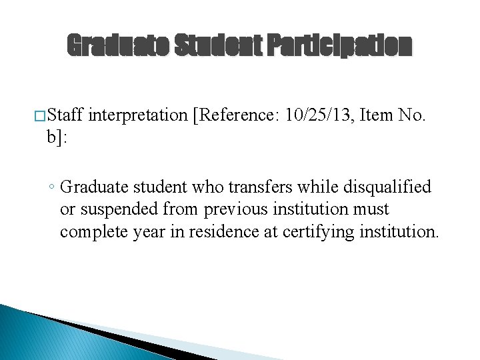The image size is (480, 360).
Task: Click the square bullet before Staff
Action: tap(41, 117)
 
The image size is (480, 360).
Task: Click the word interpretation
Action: tap(137, 116)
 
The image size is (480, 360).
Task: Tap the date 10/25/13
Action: tap(318, 116)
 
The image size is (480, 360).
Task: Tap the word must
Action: tap(372, 209)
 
